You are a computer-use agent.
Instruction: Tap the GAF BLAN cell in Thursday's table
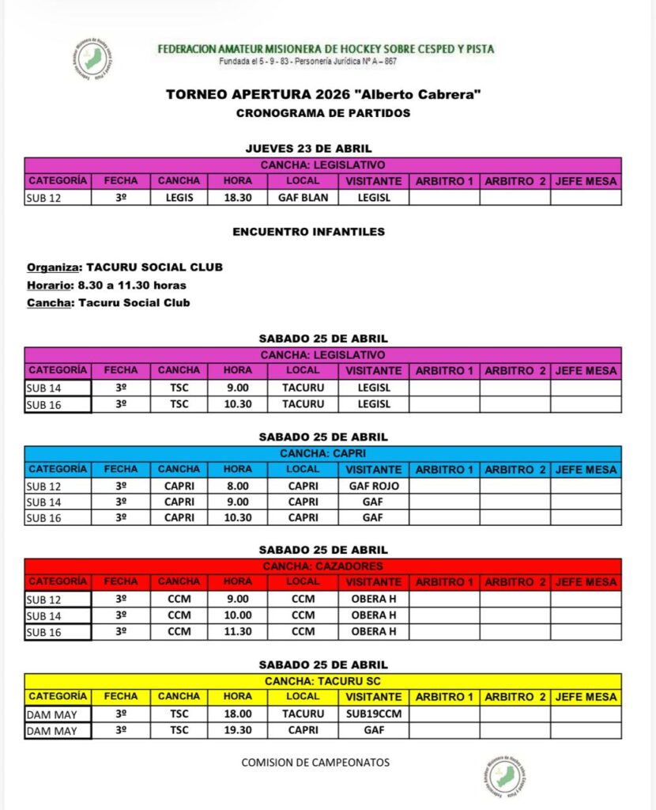pyautogui.click(x=303, y=198)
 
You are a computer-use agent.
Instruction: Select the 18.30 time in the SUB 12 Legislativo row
pyautogui.click(x=237, y=198)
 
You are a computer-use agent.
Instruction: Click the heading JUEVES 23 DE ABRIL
pyautogui.click(x=308, y=148)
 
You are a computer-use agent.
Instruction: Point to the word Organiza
pyautogui.click(x=51, y=267)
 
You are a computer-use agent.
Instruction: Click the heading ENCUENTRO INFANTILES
pyautogui.click(x=308, y=232)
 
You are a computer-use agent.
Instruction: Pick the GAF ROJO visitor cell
pyautogui.click(x=374, y=486)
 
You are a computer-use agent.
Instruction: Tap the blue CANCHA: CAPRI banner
pyautogui.click(x=322, y=453)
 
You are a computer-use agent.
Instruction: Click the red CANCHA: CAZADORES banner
pyautogui.click(x=322, y=566)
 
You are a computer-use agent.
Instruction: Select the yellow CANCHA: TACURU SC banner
pyautogui.click(x=322, y=680)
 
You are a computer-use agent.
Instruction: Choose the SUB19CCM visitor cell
pyautogui.click(x=374, y=713)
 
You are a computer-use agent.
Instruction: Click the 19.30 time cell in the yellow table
pyautogui.click(x=237, y=730)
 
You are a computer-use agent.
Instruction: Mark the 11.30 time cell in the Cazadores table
pyautogui.click(x=237, y=631)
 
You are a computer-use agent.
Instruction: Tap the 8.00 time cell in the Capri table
pyautogui.click(x=237, y=486)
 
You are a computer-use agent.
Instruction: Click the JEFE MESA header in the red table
pyautogui.click(x=586, y=582)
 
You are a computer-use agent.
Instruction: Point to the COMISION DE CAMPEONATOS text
pyautogui.click(x=315, y=763)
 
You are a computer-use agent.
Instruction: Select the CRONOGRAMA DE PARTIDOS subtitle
pyautogui.click(x=323, y=113)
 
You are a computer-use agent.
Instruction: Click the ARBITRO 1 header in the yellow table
pyautogui.click(x=444, y=697)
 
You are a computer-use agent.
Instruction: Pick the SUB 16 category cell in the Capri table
pyautogui.click(x=57, y=517)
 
